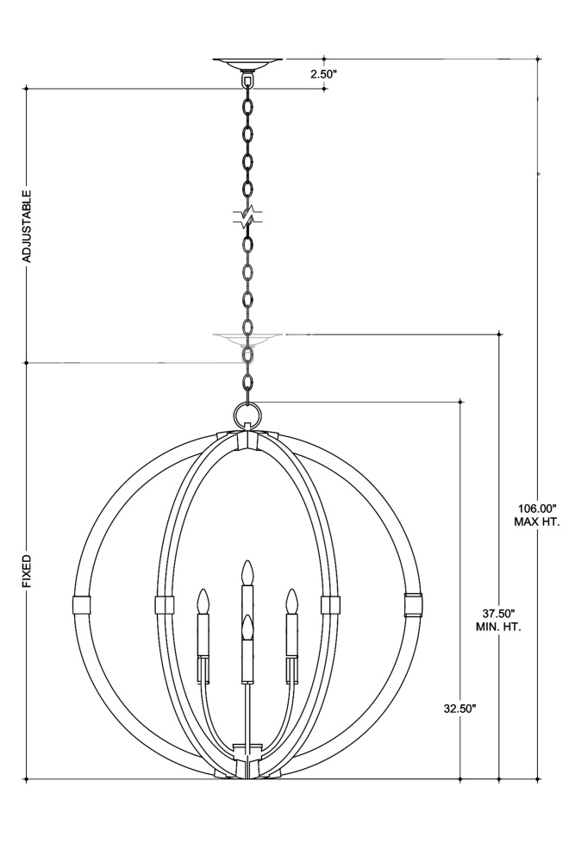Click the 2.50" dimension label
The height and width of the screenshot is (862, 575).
tap(322, 73)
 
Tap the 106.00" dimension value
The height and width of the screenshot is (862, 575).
tap(538, 509)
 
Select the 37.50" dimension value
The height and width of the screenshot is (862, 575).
tap(498, 613)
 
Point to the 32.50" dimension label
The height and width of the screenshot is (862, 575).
tap(459, 709)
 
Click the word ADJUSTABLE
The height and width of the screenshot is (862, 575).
tap(27, 225)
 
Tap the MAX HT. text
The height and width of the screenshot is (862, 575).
tap(537, 522)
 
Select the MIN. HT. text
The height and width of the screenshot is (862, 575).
tap(498, 626)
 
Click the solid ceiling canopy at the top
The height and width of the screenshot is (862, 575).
tap(248, 65)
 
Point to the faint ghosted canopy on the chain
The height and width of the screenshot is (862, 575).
tap(248, 339)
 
